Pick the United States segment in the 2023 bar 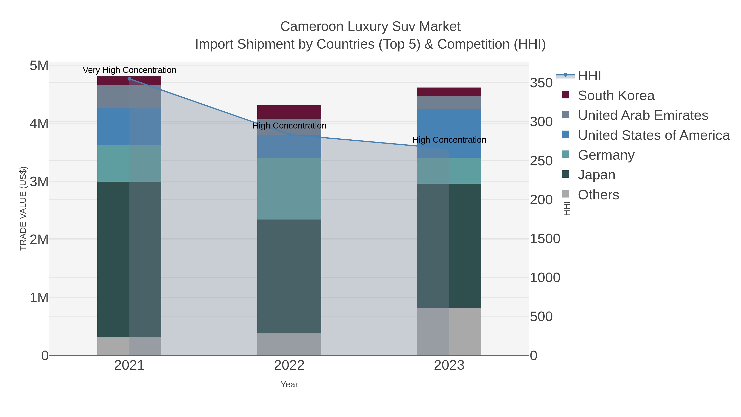point(449,133)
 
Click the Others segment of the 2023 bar point(449,332)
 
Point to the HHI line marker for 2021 point(129,79)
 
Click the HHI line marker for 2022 point(289,134)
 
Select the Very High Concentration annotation point(129,70)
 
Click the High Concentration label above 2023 point(449,140)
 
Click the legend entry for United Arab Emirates point(643,115)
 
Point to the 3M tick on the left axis point(39,182)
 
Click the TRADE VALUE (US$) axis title point(23,208)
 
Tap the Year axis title point(289,384)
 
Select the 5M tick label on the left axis point(39,66)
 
